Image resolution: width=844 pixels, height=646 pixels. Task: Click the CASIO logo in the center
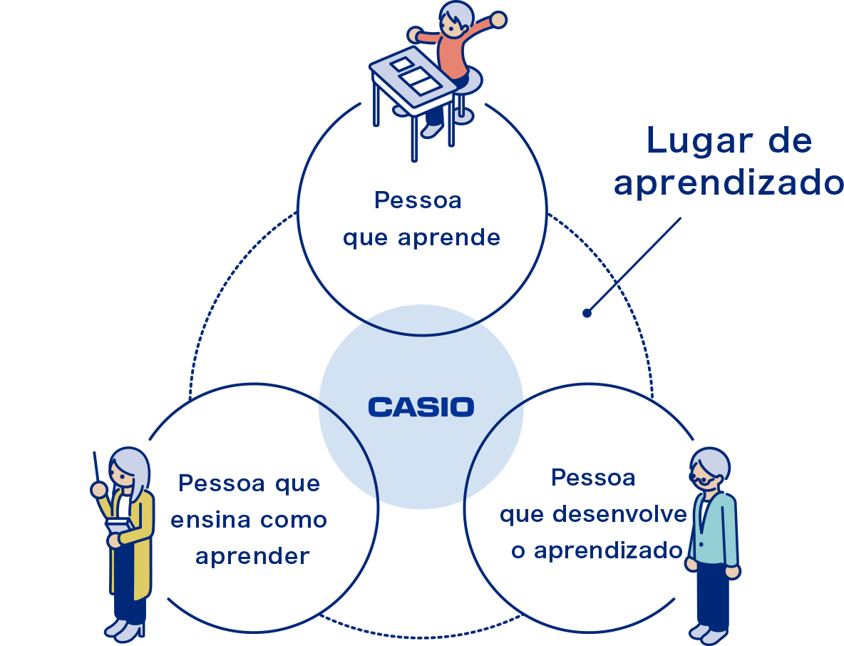pyautogui.click(x=421, y=407)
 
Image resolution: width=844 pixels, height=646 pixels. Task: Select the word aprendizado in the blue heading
pyautogui.click(x=727, y=183)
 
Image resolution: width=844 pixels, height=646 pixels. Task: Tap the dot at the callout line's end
pyautogui.click(x=587, y=312)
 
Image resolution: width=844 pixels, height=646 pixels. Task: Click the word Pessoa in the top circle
pyautogui.click(x=418, y=200)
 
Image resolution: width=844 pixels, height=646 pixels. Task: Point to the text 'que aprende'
pyautogui.click(x=421, y=237)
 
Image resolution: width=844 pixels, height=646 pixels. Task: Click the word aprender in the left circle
pyautogui.click(x=252, y=556)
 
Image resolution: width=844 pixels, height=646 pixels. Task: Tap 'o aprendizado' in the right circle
pyautogui.click(x=597, y=550)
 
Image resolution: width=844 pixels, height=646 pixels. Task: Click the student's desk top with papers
pyautogui.click(x=413, y=76)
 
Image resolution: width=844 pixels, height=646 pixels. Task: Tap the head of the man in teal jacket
pyautogui.click(x=709, y=467)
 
